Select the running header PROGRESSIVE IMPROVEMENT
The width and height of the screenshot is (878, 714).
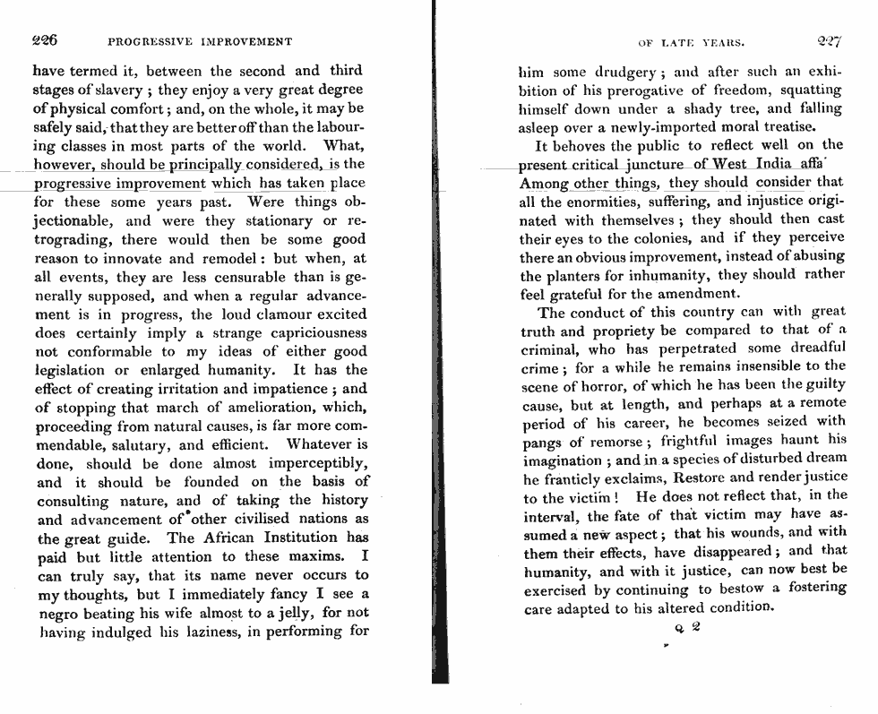click(199, 42)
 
